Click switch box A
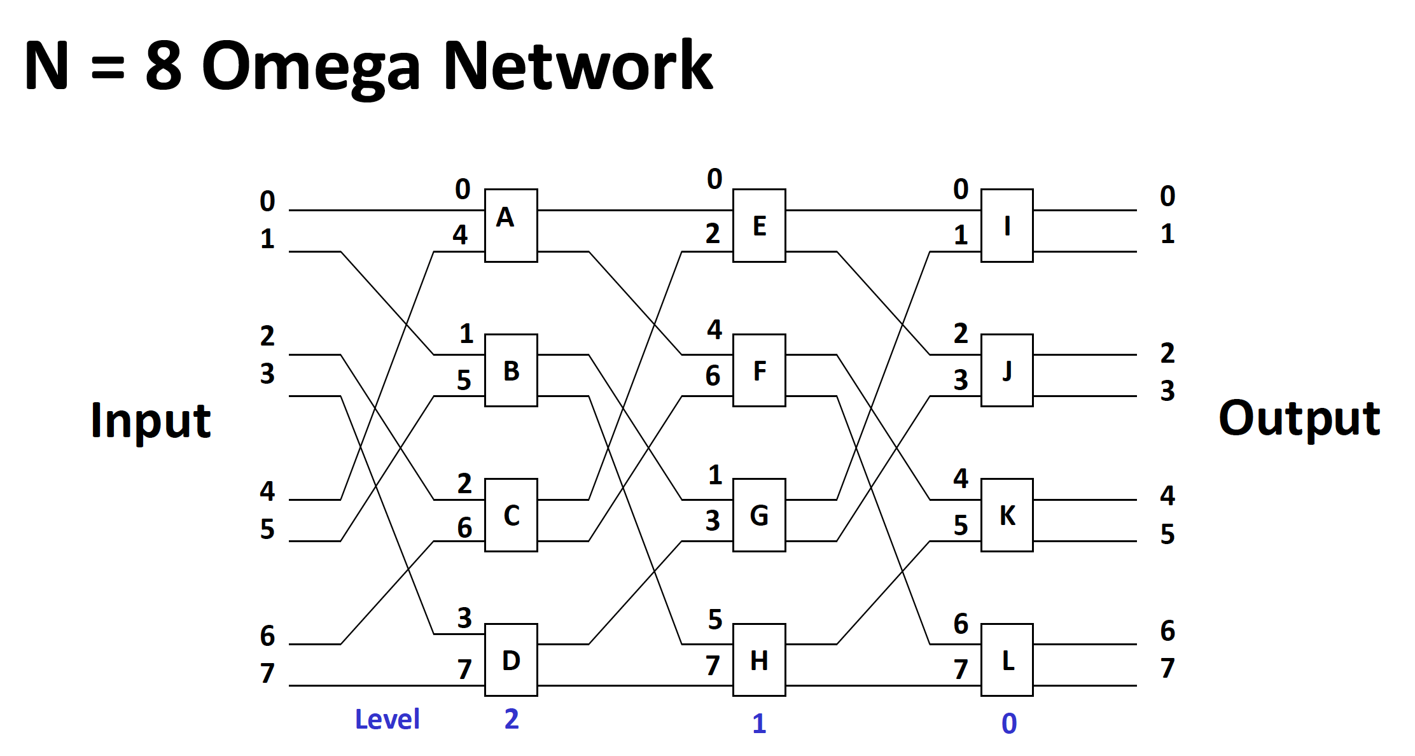coord(511,225)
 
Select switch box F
coord(759,370)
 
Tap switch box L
coord(1007,660)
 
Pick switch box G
coord(759,515)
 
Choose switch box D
coord(511,660)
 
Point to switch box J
coord(1007,370)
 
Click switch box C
coord(511,515)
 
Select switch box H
coord(759,660)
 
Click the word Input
coord(151,421)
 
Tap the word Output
coord(1299,418)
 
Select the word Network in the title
coord(578,65)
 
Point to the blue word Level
coord(387,720)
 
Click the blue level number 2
coord(512,719)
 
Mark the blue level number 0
coord(1009,724)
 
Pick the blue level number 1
coord(759,724)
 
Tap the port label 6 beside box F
coord(713,376)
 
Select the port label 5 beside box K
coord(961,526)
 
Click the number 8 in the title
coord(163,65)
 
